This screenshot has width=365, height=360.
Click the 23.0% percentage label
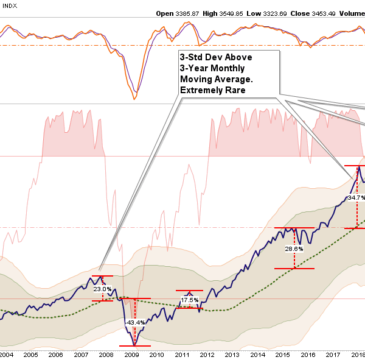102,289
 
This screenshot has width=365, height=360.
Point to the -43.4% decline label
134,322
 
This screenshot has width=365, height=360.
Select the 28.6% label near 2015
294,249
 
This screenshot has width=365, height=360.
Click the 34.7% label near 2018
356,198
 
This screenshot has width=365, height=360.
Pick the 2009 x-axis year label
132,354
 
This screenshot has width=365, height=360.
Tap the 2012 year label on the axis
207,354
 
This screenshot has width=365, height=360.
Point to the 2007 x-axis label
82,354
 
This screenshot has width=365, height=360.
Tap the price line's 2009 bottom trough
133,344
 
